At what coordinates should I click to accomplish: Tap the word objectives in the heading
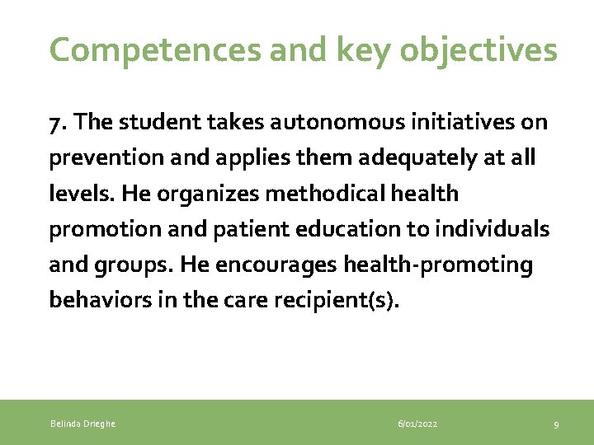(478, 50)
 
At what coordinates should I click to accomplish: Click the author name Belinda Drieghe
(83, 424)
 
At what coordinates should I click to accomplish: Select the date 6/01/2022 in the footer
(417, 424)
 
